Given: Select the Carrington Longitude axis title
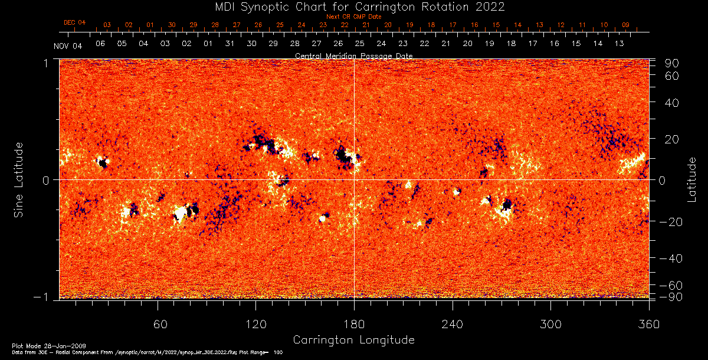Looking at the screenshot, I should [x=353, y=340].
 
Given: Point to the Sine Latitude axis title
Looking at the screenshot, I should [x=19, y=179].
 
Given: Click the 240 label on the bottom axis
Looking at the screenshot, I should [x=453, y=325].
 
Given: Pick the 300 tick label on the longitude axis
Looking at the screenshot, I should [x=550, y=325].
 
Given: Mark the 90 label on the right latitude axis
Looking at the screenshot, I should [x=673, y=63].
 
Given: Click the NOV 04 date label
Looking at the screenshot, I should [x=68, y=47].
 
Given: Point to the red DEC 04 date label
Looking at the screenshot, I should [x=75, y=22].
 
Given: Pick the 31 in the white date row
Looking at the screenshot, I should [x=230, y=44].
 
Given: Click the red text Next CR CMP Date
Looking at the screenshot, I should [x=353, y=17].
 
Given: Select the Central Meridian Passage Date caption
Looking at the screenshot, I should [x=353, y=55].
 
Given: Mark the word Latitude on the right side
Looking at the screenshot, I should [x=693, y=179].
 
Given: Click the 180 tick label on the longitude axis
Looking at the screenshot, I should [x=354, y=325].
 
